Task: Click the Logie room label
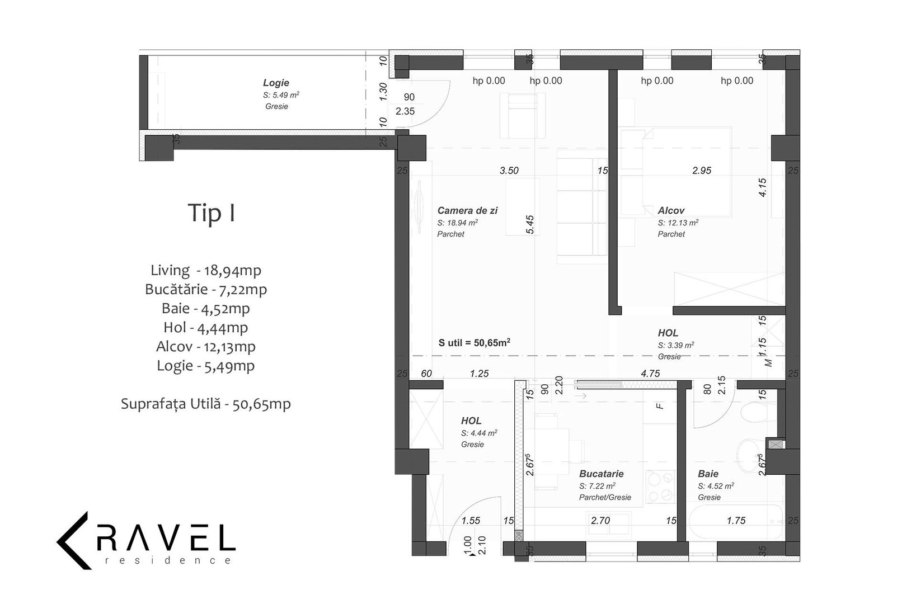(276, 83)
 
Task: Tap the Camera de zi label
(467, 210)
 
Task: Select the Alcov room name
(671, 210)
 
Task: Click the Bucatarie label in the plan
(602, 474)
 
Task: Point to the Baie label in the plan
(708, 474)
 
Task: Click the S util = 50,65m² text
(475, 342)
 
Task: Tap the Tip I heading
(212, 213)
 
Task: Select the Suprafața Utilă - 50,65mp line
(206, 404)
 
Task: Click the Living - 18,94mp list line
(206, 270)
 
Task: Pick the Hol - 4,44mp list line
(206, 327)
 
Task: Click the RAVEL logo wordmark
(166, 536)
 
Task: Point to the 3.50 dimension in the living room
(509, 171)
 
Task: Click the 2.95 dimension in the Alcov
(702, 171)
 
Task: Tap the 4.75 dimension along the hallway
(650, 374)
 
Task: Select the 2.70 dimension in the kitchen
(600, 521)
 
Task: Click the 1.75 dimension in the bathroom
(736, 521)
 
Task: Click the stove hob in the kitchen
(660, 487)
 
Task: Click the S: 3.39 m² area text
(676, 345)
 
